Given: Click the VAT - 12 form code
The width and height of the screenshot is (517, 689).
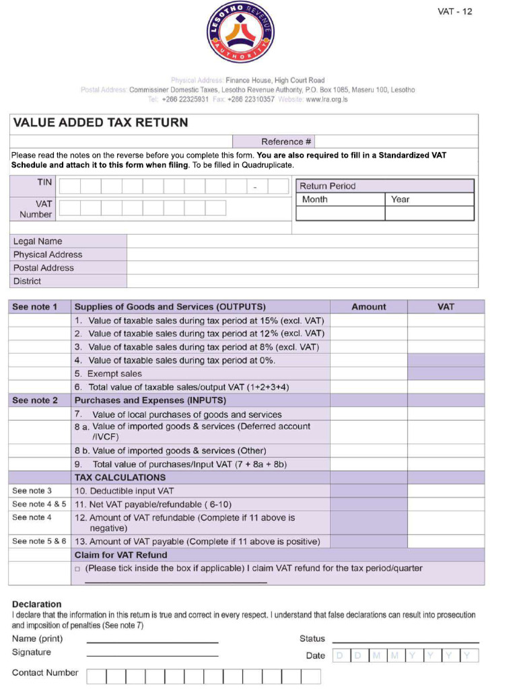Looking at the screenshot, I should click(x=454, y=11).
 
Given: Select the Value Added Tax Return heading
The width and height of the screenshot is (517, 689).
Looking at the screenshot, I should click(x=100, y=122).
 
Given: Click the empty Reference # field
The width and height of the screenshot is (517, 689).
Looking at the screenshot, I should click(x=395, y=142).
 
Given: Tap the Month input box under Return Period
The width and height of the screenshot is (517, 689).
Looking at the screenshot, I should click(x=341, y=213).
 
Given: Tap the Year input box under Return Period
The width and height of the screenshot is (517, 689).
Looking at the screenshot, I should click(x=429, y=213).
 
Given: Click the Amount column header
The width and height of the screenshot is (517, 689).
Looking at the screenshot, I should click(x=368, y=307).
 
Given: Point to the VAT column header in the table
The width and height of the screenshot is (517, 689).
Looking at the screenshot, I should click(x=446, y=307).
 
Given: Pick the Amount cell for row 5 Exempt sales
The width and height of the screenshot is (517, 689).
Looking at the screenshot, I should click(x=368, y=373).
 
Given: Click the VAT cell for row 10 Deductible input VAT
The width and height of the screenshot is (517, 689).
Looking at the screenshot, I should click(x=446, y=491).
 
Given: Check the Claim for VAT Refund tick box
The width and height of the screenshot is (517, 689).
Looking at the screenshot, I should click(x=78, y=569).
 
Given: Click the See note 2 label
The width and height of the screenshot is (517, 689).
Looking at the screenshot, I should click(x=35, y=400).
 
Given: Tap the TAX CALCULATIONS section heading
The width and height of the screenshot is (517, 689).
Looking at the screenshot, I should click(x=120, y=478).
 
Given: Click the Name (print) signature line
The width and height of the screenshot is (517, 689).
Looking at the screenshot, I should click(x=152, y=639).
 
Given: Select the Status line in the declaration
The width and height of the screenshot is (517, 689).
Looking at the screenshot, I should click(x=405, y=639).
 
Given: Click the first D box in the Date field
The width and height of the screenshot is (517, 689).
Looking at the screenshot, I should click(x=341, y=655).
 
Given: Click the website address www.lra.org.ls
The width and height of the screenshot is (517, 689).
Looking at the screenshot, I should click(x=326, y=99).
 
